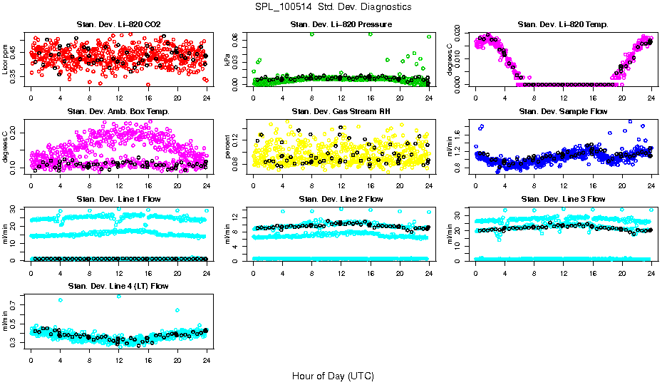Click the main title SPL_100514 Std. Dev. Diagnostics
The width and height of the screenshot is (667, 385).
click(x=333, y=7)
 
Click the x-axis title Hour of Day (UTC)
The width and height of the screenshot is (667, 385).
click(x=333, y=375)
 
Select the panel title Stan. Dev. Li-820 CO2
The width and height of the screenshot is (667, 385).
click(x=118, y=25)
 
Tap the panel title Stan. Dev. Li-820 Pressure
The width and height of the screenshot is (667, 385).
click(x=341, y=25)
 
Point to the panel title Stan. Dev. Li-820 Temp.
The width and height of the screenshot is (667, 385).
click(x=563, y=25)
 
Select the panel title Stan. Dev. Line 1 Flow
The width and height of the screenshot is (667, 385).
click(x=118, y=198)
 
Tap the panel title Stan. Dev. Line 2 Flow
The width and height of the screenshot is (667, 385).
click(x=341, y=198)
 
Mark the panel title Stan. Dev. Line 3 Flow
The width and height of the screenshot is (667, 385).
click(x=563, y=198)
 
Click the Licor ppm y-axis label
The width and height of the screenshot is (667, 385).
click(x=6, y=60)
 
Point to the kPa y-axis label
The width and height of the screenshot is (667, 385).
click(x=228, y=60)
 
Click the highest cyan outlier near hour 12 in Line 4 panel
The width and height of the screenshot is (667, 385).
click(x=118, y=296)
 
